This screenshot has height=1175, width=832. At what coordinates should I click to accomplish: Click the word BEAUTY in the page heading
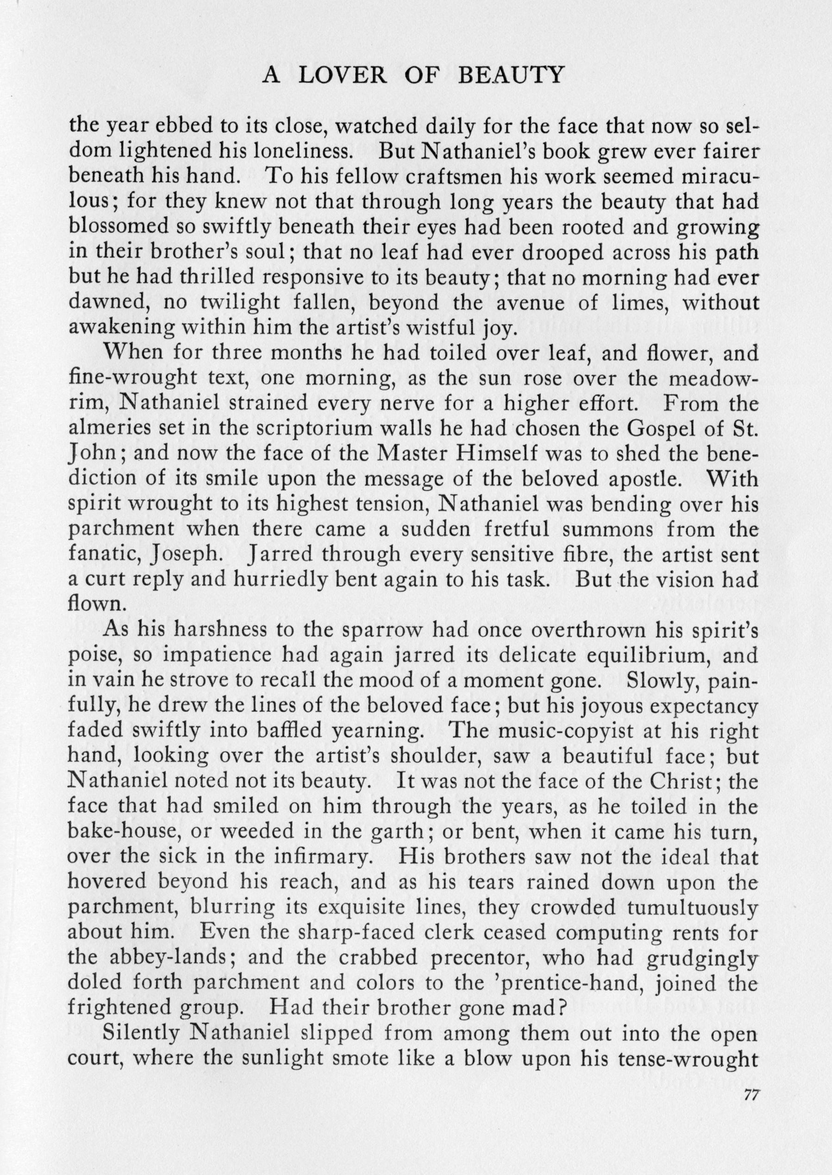point(510,76)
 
